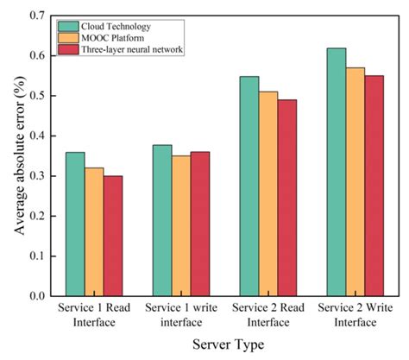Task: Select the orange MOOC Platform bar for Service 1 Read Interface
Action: coord(94,232)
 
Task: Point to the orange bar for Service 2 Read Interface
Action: coord(267,194)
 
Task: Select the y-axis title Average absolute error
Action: coord(16,155)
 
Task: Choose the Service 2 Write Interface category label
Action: coord(354,315)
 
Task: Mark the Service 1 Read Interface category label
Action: coord(94,315)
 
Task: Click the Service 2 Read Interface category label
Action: coord(267,315)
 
